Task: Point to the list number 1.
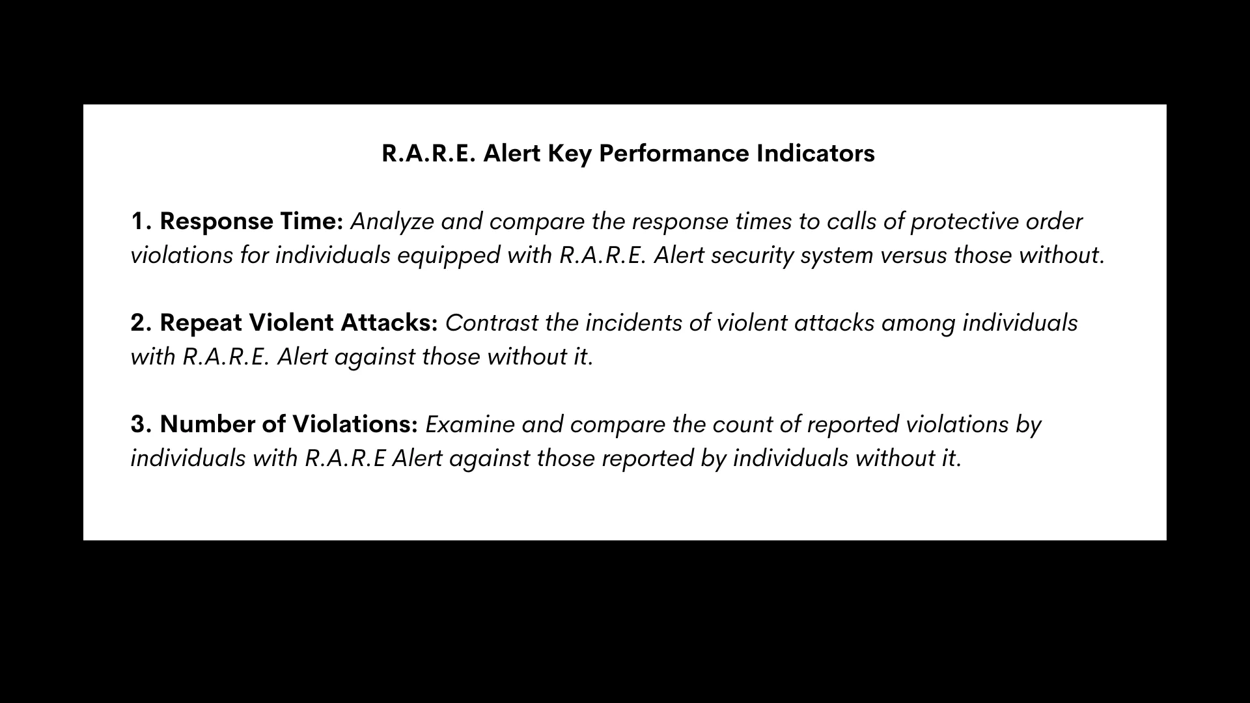point(141,222)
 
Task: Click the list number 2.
point(141,324)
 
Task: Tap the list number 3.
point(141,425)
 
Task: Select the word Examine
point(469,424)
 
